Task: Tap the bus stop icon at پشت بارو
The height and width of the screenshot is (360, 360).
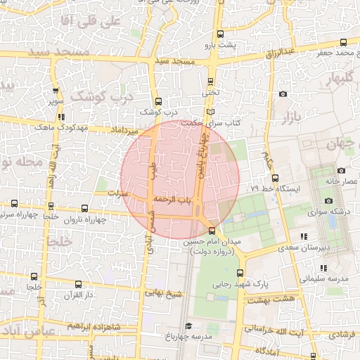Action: point(221,34)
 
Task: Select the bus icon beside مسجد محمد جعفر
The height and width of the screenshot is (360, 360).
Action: point(344,41)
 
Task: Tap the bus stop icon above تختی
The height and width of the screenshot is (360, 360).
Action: point(211,81)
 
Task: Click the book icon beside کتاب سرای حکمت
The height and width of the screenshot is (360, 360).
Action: point(212,112)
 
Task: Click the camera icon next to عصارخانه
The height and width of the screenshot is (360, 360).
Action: point(341,170)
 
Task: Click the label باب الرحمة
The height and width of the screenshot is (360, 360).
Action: point(174,200)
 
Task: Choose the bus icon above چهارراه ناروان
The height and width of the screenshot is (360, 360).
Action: point(85,209)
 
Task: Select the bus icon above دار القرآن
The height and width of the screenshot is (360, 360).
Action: point(77,285)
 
